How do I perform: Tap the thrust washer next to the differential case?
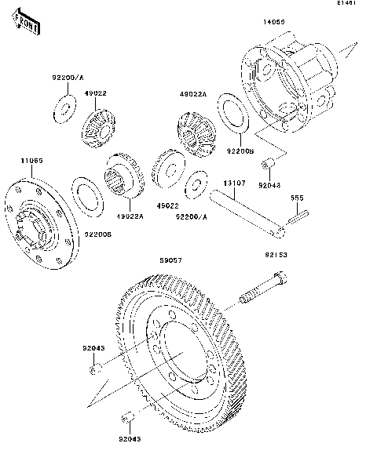(232, 111)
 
